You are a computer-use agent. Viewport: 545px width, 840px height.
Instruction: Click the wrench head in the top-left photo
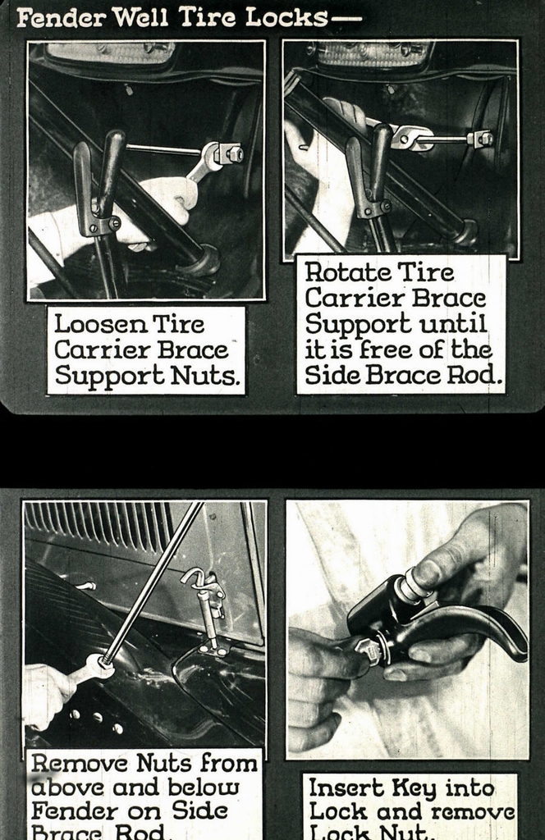(x=215, y=154)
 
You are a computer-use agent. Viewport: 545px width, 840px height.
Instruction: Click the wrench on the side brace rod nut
(x=90, y=667)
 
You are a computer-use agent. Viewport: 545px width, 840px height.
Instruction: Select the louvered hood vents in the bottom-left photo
(x=98, y=525)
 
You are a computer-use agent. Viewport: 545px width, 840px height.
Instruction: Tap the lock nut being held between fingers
(x=368, y=651)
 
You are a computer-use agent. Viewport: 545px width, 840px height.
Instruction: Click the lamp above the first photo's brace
(x=111, y=52)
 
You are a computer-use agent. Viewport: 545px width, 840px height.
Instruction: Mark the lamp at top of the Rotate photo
(x=373, y=52)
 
